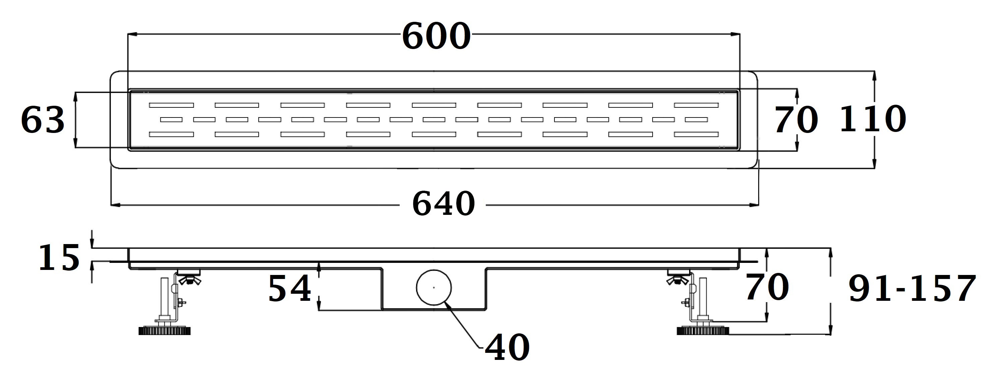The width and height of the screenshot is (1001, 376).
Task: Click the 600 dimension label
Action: pyautogui.click(x=436, y=36)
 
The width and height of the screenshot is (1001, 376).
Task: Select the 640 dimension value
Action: pyautogui.click(x=443, y=203)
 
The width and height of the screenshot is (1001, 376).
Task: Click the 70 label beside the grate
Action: pyautogui.click(x=796, y=120)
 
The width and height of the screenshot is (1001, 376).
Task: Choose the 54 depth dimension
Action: pyautogui.click(x=290, y=288)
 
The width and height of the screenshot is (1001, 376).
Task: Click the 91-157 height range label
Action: pyautogui.click(x=912, y=288)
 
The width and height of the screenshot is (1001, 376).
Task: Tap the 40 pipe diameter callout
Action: pyautogui.click(x=508, y=347)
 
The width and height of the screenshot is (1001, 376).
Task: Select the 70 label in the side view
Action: pyautogui.click(x=767, y=288)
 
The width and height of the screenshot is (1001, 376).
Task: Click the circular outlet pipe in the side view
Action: pyautogui.click(x=434, y=288)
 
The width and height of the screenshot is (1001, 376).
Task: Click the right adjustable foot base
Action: pyautogui.click(x=703, y=330)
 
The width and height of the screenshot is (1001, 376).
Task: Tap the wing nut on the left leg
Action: pyautogui.click(x=190, y=279)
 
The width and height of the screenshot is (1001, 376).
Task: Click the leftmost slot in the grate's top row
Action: pyautogui.click(x=172, y=105)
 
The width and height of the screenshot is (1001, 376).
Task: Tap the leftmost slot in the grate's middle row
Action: pyautogui.click(x=172, y=120)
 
